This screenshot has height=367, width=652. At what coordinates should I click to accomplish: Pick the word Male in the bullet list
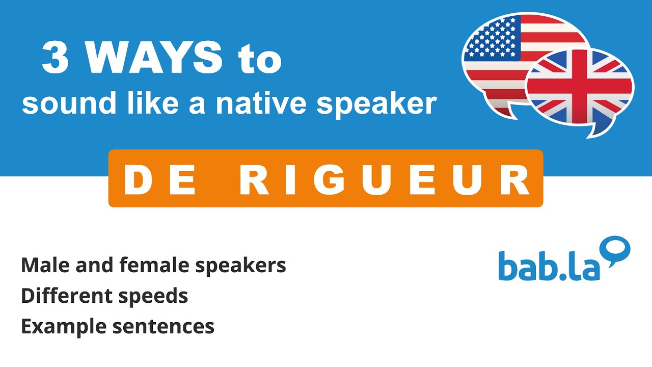(43, 265)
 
